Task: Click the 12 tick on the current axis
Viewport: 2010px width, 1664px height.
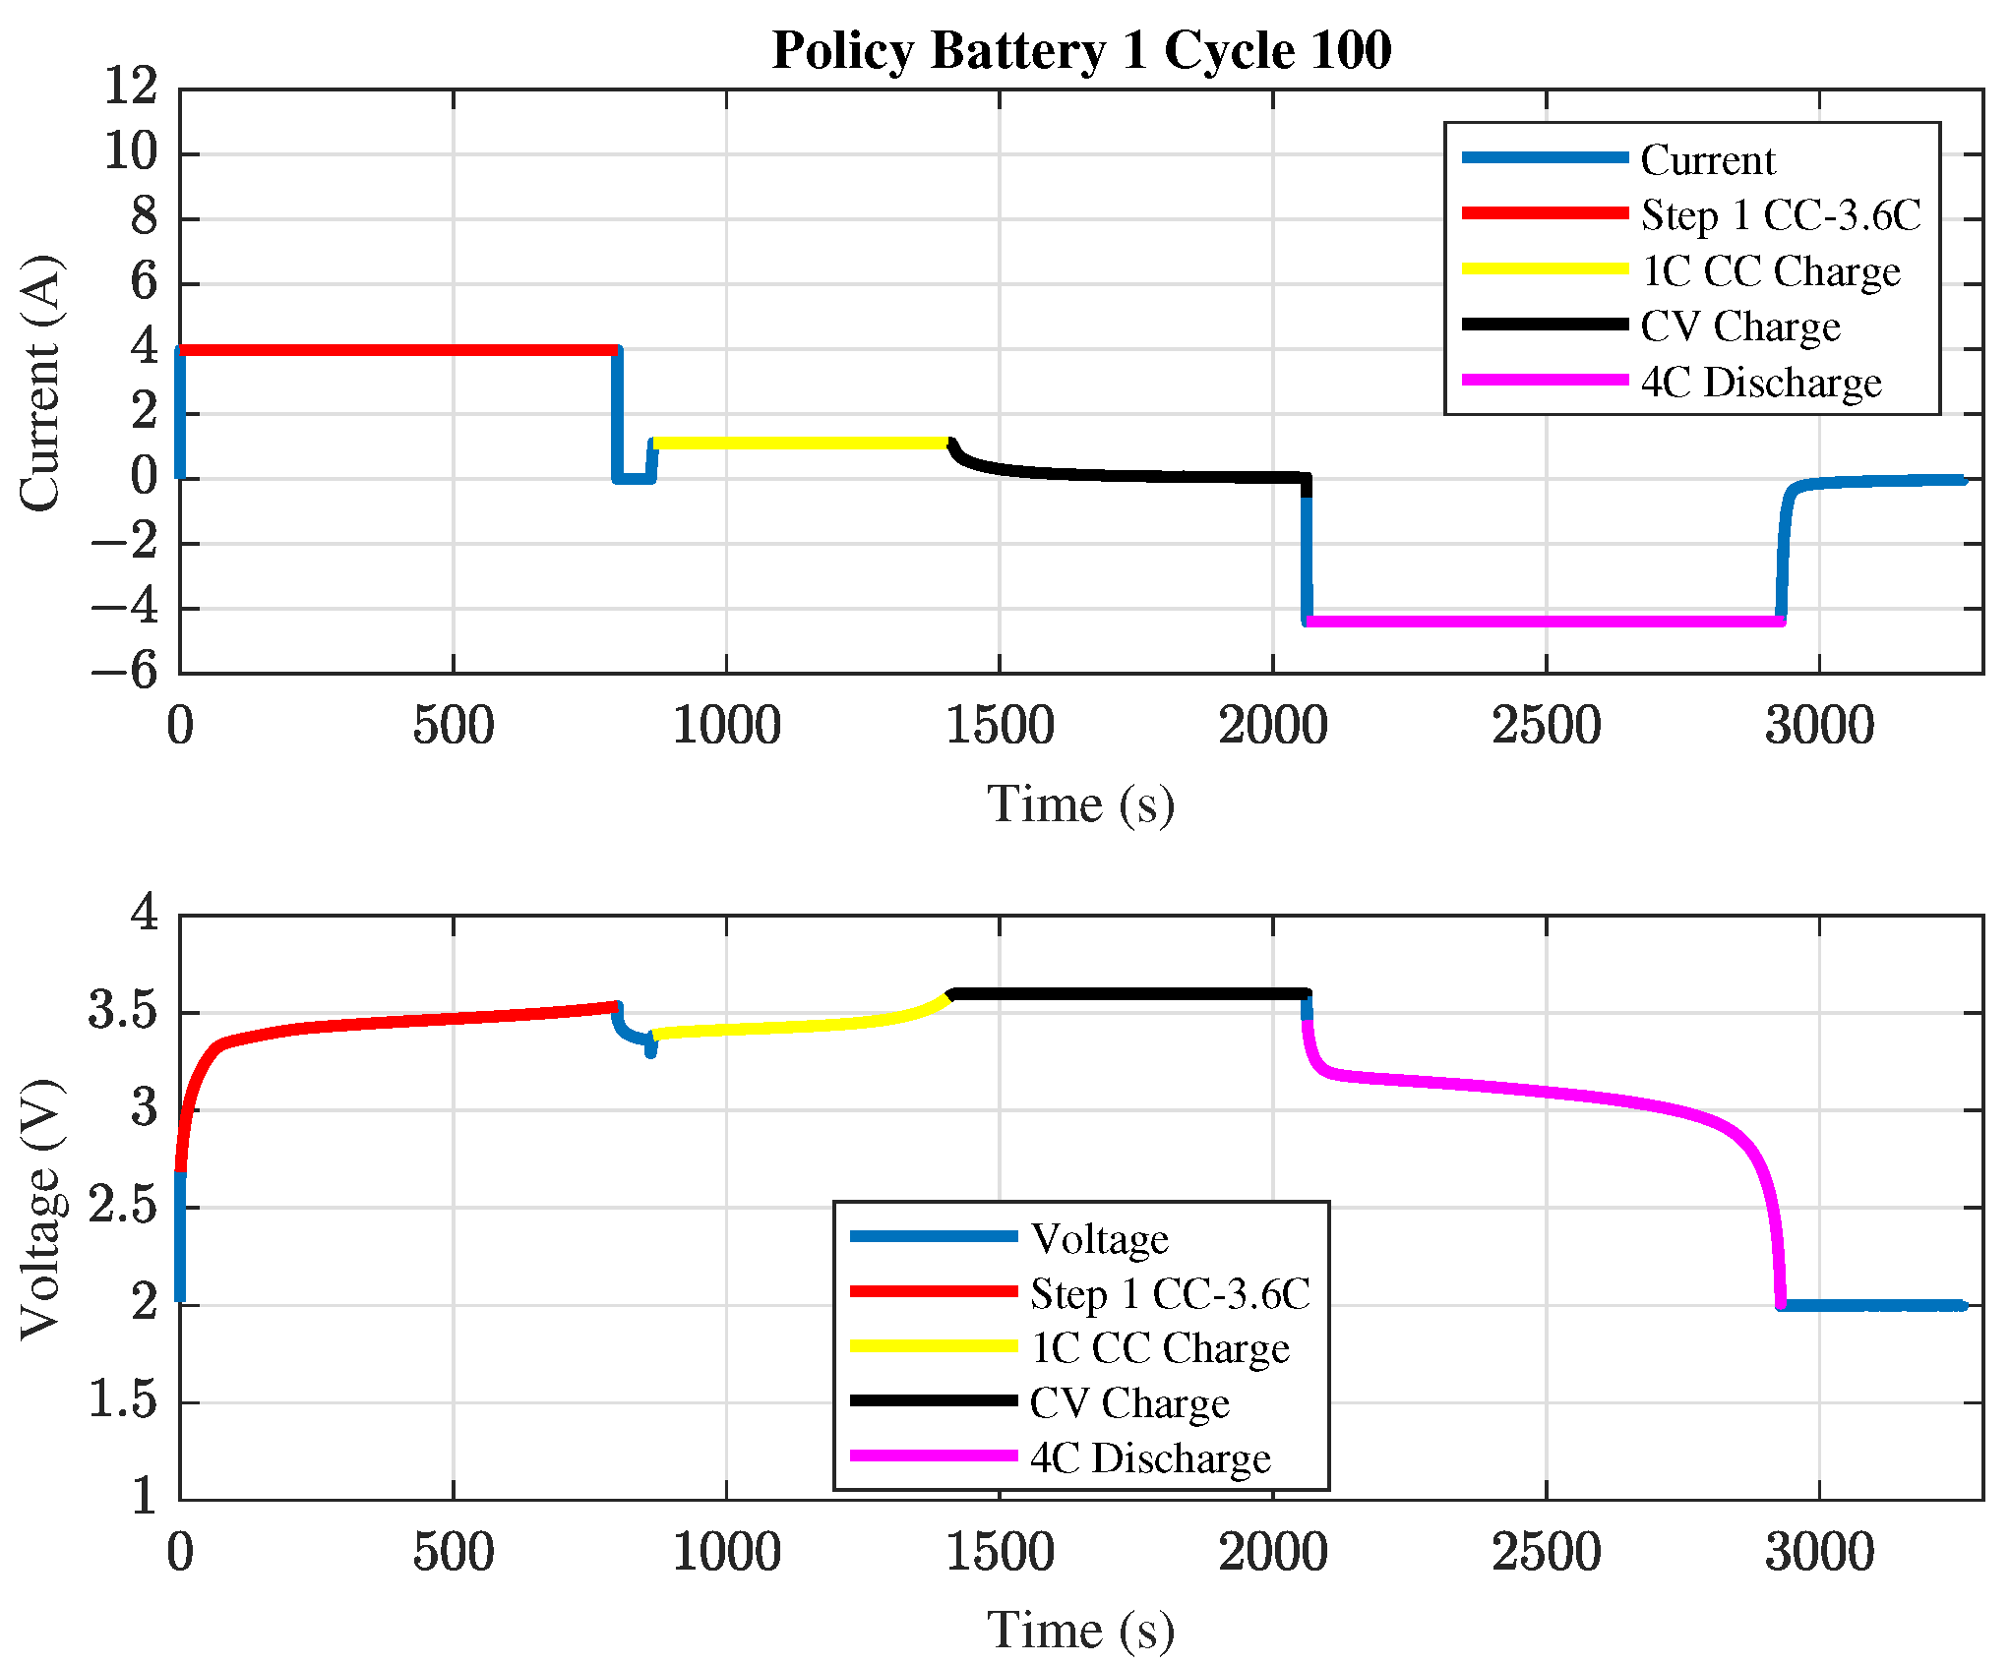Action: tap(131, 87)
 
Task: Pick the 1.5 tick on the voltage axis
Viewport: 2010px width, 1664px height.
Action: tap(123, 1400)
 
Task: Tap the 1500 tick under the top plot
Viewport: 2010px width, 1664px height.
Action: tap(1000, 727)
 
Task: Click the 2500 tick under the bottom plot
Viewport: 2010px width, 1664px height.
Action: tap(1546, 1553)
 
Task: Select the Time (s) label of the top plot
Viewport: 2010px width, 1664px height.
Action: tap(1080, 804)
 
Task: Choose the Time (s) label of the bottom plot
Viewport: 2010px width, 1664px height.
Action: tap(1080, 1631)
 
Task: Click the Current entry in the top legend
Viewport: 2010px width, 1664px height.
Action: tap(1707, 159)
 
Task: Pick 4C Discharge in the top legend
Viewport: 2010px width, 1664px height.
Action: tap(1760, 382)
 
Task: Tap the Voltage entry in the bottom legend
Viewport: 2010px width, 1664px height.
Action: tap(1099, 1238)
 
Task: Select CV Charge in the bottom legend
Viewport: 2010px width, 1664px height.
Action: tap(1128, 1402)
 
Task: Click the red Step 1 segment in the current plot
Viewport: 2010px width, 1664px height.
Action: tap(394, 349)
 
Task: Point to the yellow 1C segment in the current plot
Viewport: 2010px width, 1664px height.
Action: tap(797, 443)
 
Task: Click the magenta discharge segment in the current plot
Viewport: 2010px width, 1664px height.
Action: tap(1545, 621)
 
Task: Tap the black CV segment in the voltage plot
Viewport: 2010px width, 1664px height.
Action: tap(1131, 993)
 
